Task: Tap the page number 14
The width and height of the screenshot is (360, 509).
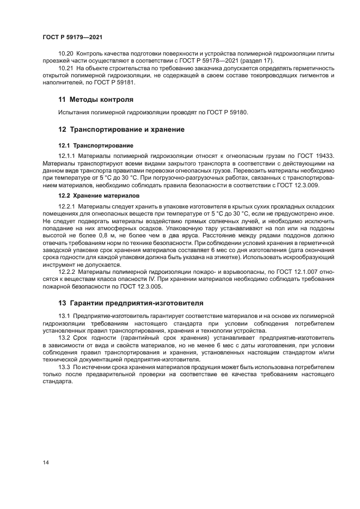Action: (x=46, y=463)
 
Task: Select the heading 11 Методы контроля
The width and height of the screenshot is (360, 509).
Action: (x=95, y=100)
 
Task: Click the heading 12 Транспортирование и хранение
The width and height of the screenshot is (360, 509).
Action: (x=121, y=130)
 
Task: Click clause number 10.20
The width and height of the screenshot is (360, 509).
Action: (x=65, y=53)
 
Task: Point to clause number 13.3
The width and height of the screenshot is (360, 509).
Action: (x=64, y=367)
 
